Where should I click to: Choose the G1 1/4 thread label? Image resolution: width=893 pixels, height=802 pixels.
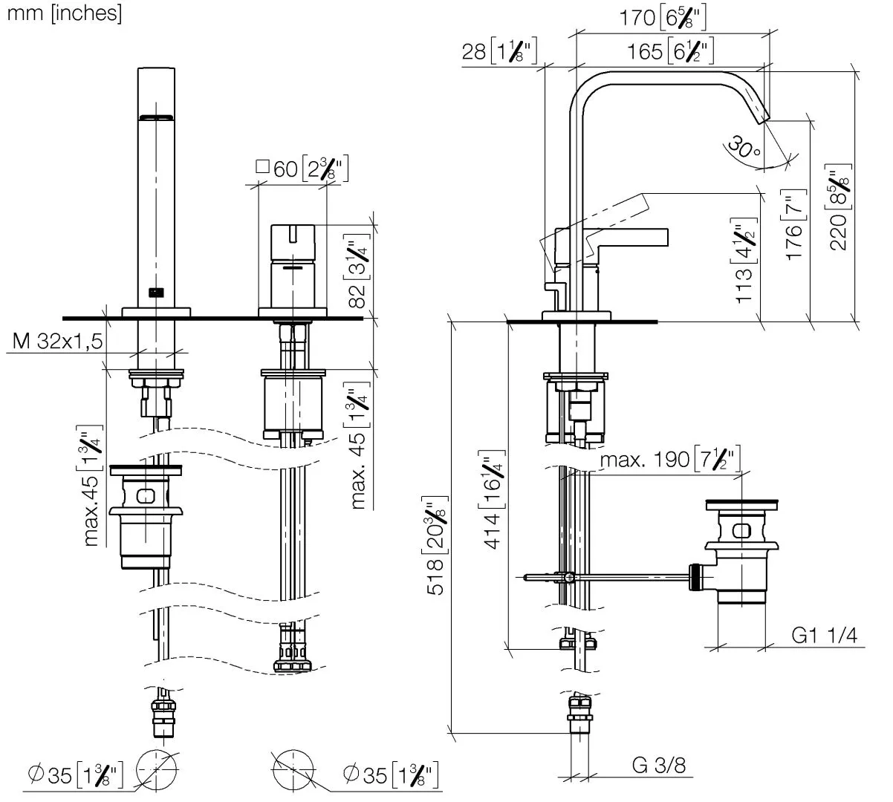click(824, 636)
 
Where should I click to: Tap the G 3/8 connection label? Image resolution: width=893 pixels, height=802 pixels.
click(658, 765)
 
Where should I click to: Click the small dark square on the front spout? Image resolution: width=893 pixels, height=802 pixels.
click(155, 292)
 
